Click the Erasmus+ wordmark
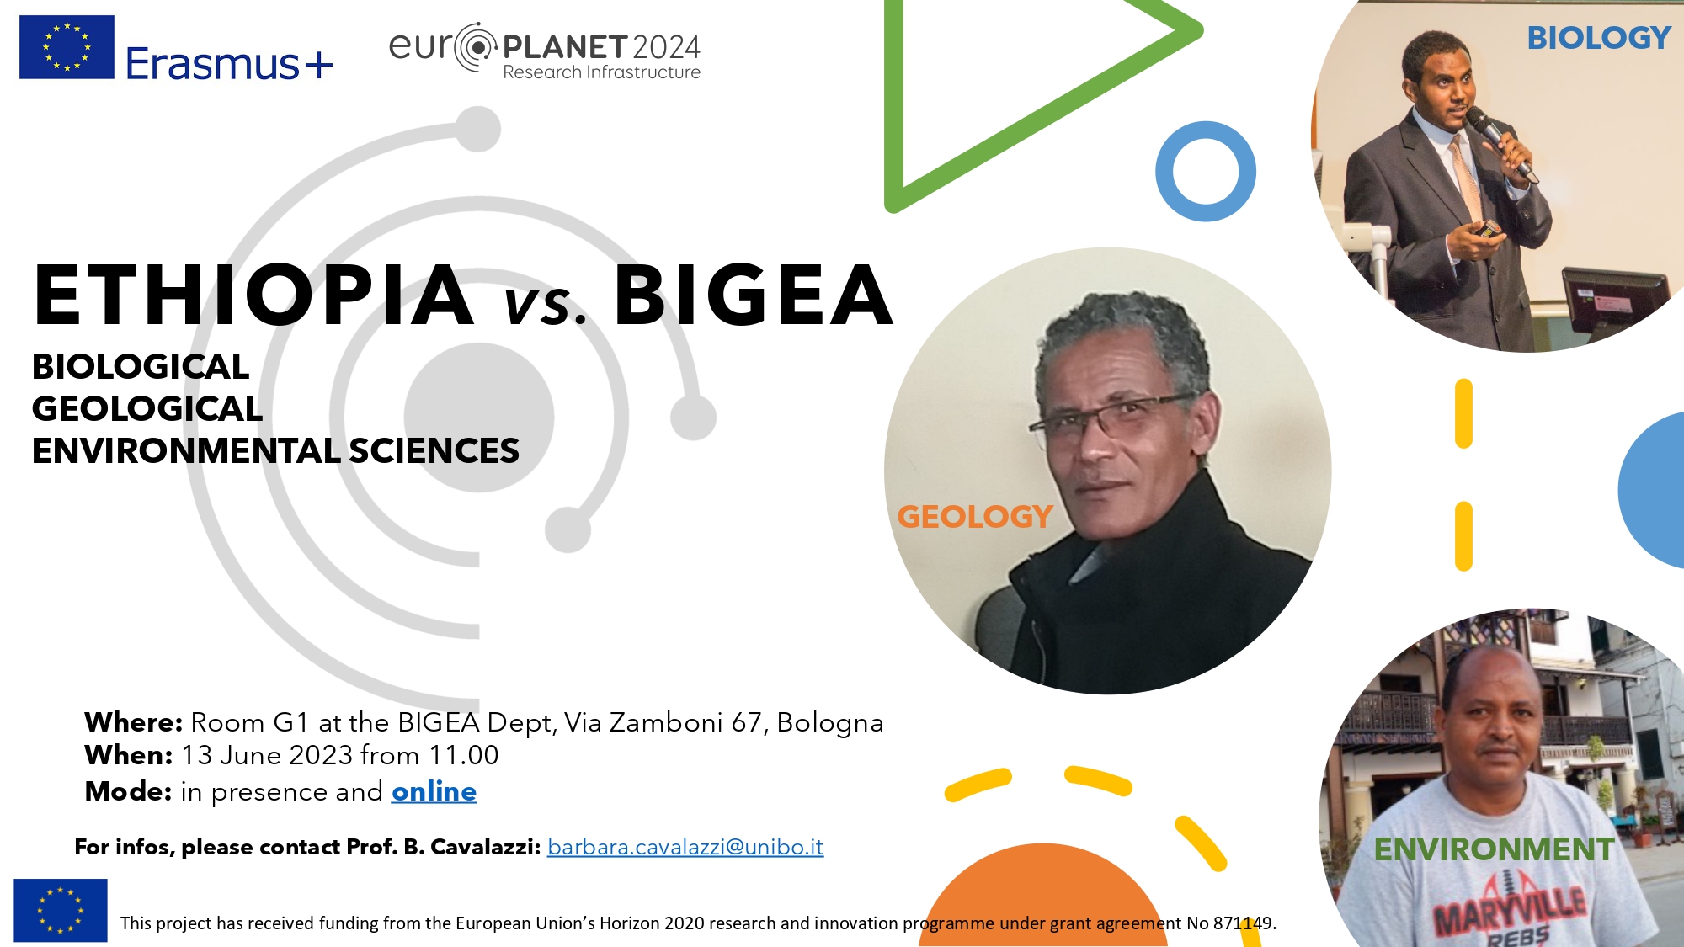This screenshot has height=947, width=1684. pos(229,63)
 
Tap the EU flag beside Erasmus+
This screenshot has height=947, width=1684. pos(67,47)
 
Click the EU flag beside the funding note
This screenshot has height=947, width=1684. pos(60,910)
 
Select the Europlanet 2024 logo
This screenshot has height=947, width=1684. pos(545,51)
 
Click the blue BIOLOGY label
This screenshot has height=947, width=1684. pos(1599,38)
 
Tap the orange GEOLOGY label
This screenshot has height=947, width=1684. pos(975,516)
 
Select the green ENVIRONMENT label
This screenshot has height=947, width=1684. pos(1495,849)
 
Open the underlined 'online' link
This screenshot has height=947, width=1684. pos(434,791)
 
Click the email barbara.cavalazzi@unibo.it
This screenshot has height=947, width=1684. pos(685,847)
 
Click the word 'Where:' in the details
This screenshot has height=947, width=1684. pos(133,722)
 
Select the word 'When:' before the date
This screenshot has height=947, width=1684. pos(128,755)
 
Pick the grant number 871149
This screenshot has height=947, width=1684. pos(1243,923)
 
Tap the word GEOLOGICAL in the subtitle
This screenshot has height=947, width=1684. pos(147,408)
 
